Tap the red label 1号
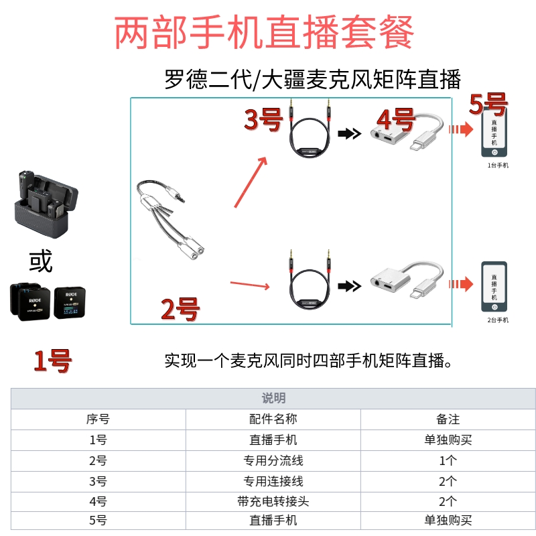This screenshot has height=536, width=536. (53, 361)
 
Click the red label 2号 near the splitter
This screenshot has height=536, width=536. (180, 309)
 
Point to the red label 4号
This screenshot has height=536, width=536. (396, 121)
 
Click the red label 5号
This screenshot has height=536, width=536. (488, 105)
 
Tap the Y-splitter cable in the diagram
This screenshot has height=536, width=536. (171, 221)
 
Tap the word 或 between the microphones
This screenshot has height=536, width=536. (40, 262)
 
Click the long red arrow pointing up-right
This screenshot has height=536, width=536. (251, 182)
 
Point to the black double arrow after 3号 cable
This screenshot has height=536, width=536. (348, 134)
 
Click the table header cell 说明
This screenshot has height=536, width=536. (273, 398)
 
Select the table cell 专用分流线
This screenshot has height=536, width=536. (273, 460)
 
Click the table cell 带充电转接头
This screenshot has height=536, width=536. (273, 500)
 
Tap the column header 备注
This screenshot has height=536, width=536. (448, 419)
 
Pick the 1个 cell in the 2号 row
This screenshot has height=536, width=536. (448, 460)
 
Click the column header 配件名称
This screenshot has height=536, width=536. (273, 419)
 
